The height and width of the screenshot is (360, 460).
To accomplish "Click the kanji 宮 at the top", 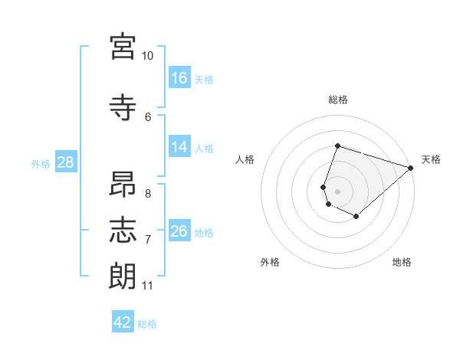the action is (x=123, y=47).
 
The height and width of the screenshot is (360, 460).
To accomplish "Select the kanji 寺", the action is (x=123, y=107).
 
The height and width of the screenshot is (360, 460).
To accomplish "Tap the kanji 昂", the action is (x=123, y=184).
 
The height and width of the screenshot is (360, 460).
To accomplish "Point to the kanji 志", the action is (x=123, y=230).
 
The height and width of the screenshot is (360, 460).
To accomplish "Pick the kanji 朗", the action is (x=123, y=276).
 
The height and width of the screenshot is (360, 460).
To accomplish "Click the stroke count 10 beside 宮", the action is (x=147, y=56).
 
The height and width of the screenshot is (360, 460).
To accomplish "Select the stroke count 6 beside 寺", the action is (x=148, y=117).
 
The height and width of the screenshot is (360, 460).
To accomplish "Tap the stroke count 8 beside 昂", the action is (x=148, y=194).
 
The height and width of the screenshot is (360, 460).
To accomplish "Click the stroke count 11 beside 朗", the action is (x=147, y=286).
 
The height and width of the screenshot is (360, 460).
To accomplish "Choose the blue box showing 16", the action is (x=179, y=77).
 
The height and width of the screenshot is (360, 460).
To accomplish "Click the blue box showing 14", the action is (x=179, y=146).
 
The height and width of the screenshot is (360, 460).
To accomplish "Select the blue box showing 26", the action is (x=179, y=230).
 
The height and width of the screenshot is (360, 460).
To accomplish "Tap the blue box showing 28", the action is (x=66, y=162).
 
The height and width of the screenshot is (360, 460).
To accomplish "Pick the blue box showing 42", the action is (x=123, y=321).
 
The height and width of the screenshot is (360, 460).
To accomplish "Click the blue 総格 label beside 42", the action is (x=147, y=324).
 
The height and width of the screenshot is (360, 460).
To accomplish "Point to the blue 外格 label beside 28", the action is (x=41, y=164).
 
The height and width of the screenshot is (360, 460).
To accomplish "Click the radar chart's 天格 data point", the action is (x=411, y=168).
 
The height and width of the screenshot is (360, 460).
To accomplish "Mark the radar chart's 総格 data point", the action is (x=337, y=146).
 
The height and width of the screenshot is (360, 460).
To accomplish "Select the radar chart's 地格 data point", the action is (x=356, y=216).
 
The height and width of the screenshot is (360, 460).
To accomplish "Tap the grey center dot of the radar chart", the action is (x=337, y=191).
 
